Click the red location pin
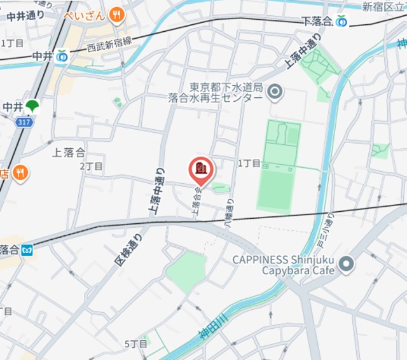point(202,170)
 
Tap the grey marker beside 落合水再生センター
point(275,92)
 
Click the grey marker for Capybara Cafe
point(346,264)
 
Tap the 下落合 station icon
point(342,21)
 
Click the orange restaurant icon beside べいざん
point(116,14)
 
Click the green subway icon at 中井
point(32,106)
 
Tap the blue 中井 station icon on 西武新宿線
point(62,57)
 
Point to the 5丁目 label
point(135,343)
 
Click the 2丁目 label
point(91,166)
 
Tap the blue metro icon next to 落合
point(27,250)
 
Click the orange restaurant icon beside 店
point(20,172)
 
